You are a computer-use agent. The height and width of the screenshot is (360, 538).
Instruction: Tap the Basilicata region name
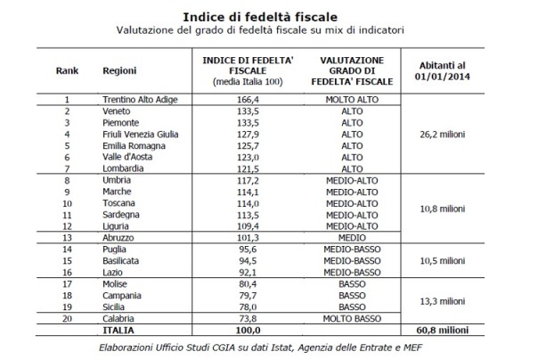(x=124, y=260)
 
